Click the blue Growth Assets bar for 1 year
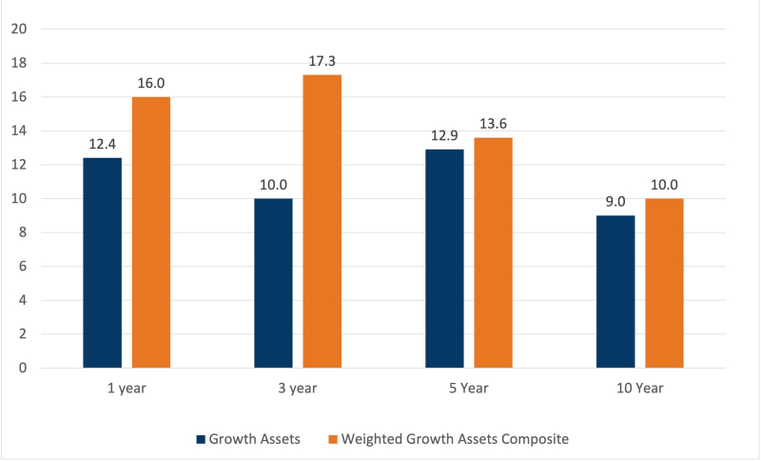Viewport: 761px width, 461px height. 102,263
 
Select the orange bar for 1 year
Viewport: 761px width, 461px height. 150,232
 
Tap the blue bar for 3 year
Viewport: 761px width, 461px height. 273,283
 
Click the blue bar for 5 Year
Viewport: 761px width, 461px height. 444,258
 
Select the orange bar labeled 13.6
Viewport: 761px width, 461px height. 493,252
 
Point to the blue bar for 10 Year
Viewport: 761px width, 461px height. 615,291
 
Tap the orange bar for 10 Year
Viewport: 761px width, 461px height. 664,283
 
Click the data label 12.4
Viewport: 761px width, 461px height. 102,145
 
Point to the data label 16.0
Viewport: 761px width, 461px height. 150,84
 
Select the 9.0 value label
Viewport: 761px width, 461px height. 615,202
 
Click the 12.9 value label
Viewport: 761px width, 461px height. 444,136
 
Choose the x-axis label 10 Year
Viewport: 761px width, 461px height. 640,389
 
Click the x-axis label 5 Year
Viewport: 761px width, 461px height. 469,389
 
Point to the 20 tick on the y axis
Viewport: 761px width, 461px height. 18,30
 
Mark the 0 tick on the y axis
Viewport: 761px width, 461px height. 22,368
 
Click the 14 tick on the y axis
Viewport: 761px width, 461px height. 18,131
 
